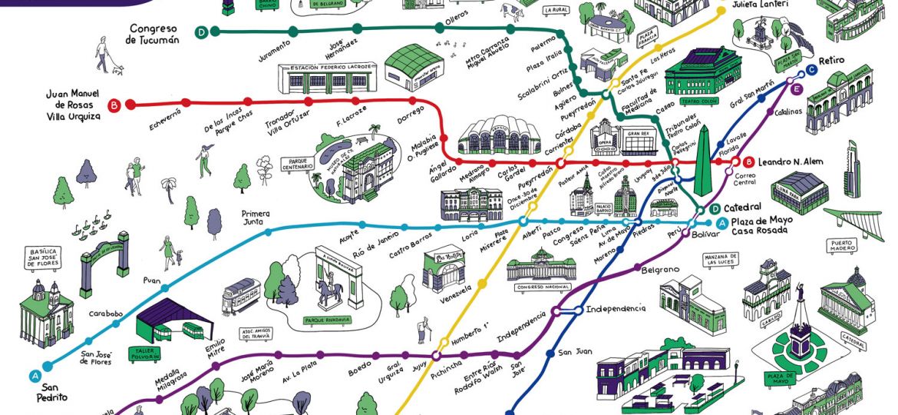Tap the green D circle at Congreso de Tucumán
coord(201,32)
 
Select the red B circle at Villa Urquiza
coord(114,105)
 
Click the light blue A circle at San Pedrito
coord(35,376)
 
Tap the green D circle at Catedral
coord(715,208)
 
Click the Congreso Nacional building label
coord(540,287)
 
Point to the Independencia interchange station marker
coord(569,311)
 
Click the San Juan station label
coord(574,352)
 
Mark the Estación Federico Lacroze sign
coord(331,68)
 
